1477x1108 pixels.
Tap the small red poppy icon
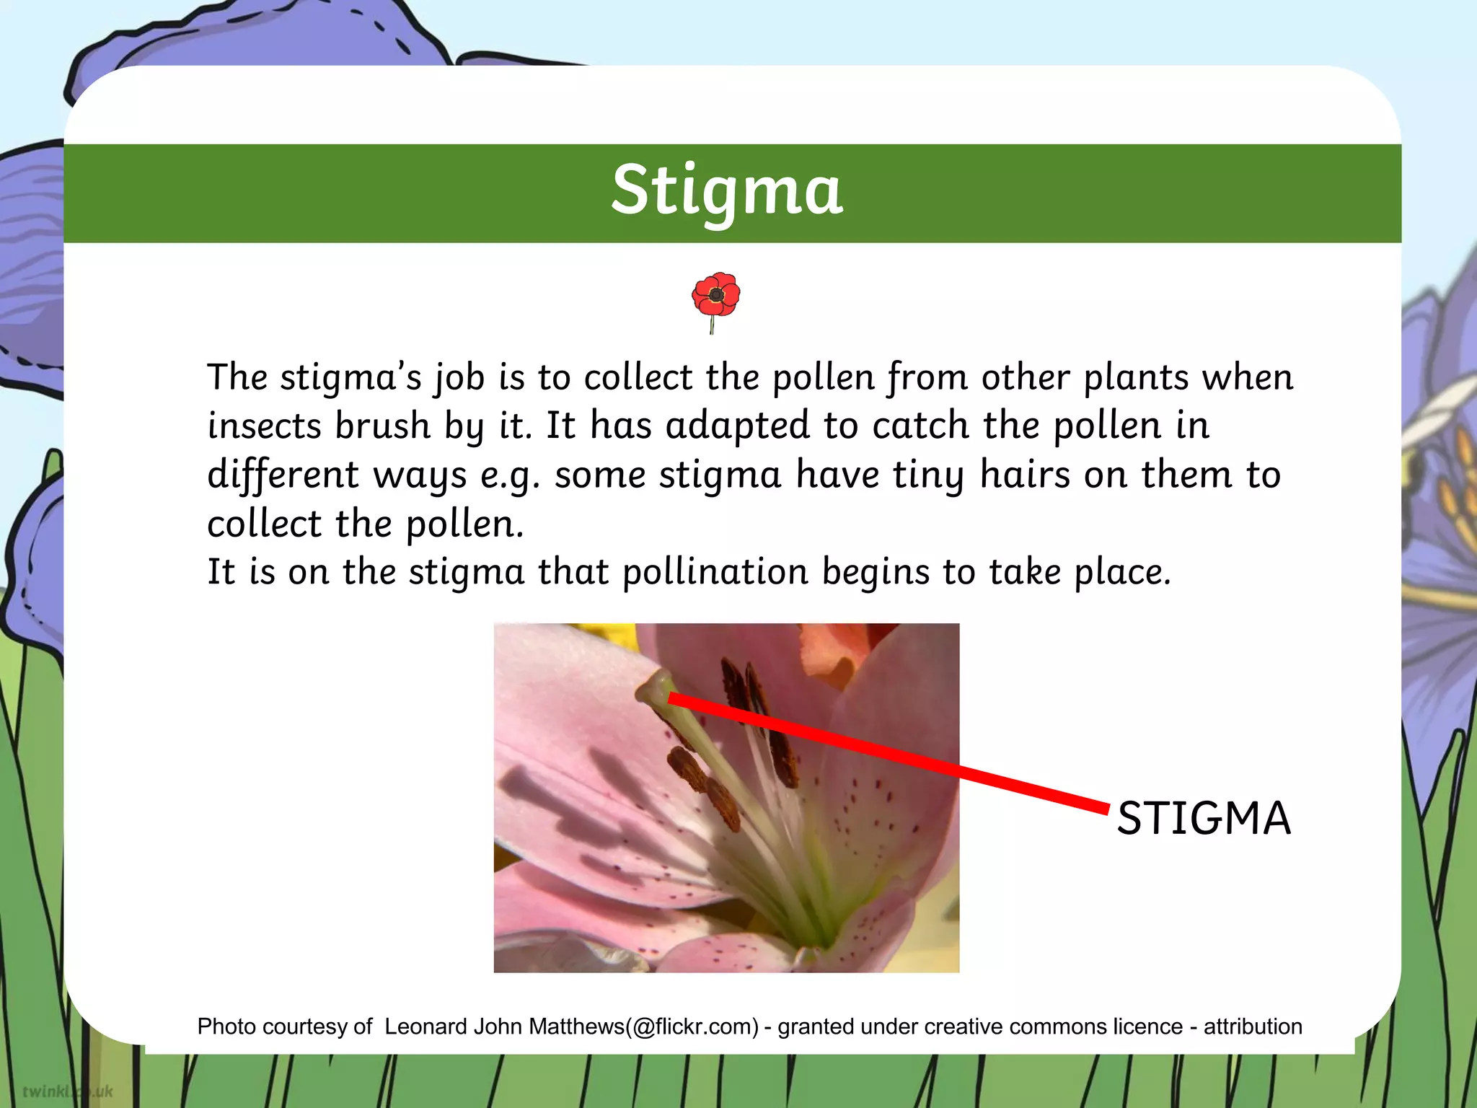click(x=715, y=298)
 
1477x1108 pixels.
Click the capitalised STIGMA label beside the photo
click(x=1204, y=818)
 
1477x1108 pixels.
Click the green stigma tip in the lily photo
click(x=656, y=685)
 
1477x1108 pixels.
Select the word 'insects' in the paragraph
click(x=264, y=426)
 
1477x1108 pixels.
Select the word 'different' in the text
click(x=283, y=475)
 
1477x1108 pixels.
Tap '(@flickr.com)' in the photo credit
click(x=692, y=1026)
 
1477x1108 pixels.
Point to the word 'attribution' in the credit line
click(x=1253, y=1026)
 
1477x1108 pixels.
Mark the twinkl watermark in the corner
click(x=67, y=1091)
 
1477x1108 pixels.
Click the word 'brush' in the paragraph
click(x=383, y=426)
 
